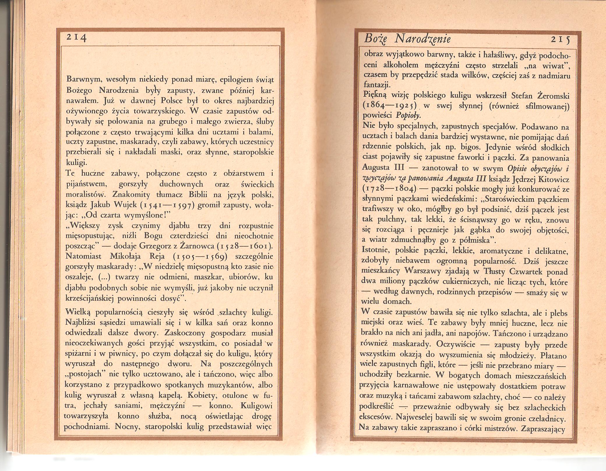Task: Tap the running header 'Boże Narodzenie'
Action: pos(407,39)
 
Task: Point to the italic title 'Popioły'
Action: pos(408,115)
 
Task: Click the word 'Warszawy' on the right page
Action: pos(423,271)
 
